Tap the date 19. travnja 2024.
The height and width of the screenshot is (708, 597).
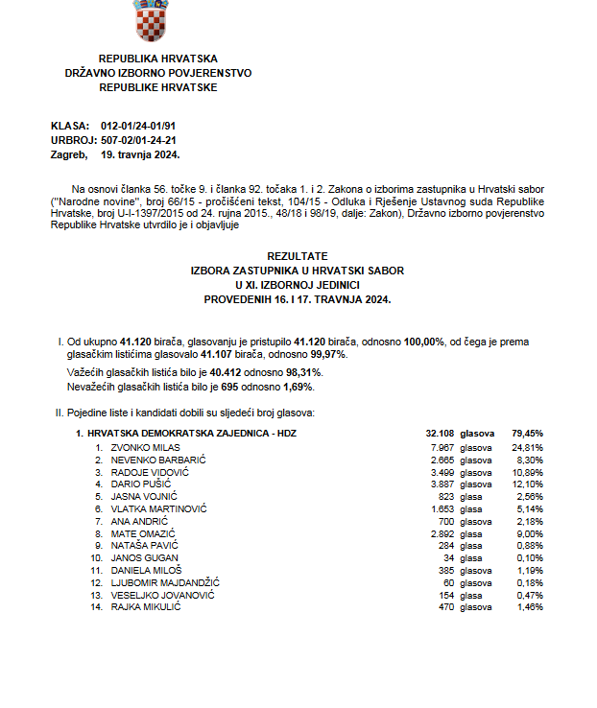coord(140,153)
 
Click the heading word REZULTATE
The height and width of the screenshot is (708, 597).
coord(298,257)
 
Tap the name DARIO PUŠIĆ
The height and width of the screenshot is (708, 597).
coord(138,484)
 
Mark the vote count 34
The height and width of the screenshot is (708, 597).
coord(445,556)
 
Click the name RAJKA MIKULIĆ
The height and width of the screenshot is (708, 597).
coord(146,606)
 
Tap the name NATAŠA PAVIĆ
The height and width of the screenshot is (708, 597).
coord(140,545)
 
